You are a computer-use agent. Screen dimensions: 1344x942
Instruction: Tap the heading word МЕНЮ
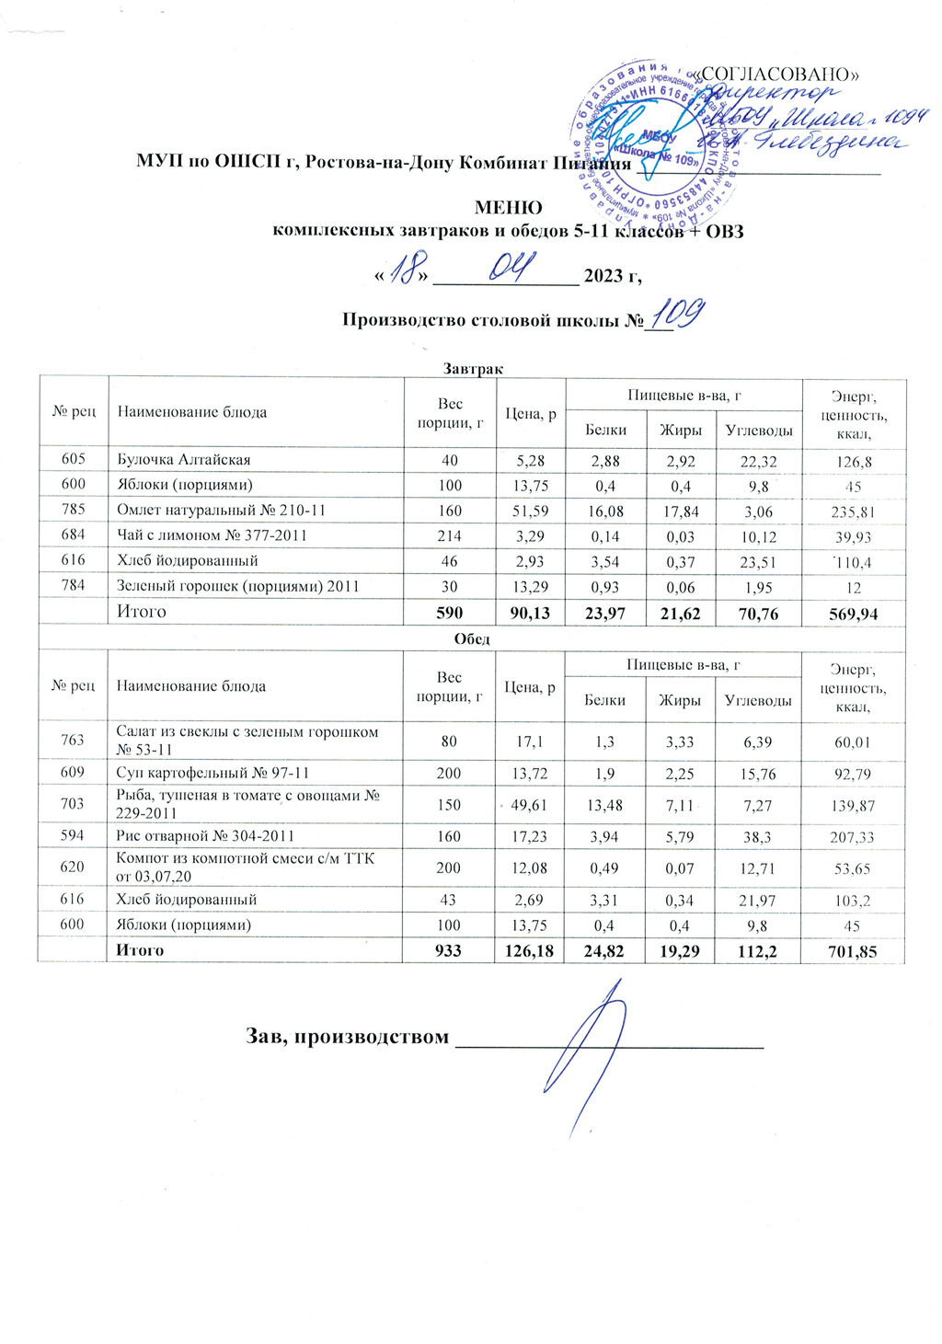pyautogui.click(x=508, y=209)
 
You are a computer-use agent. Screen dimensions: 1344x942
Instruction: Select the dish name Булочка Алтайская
pyautogui.click(x=183, y=459)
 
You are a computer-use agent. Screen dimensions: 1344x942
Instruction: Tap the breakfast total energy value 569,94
pyautogui.click(x=854, y=613)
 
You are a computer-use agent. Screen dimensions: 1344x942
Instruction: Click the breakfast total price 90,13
pyautogui.click(x=529, y=613)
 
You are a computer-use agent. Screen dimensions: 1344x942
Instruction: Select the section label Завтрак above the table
pyautogui.click(x=472, y=368)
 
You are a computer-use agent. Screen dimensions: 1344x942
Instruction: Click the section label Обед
pyautogui.click(x=472, y=638)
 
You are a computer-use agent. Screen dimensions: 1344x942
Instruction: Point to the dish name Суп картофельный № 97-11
pyautogui.click(x=206, y=773)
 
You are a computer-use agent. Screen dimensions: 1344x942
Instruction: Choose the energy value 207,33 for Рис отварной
pyautogui.click(x=854, y=836)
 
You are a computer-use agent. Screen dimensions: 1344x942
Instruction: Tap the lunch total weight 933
pyautogui.click(x=449, y=950)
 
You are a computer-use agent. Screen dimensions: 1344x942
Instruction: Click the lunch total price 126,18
pyautogui.click(x=529, y=950)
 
